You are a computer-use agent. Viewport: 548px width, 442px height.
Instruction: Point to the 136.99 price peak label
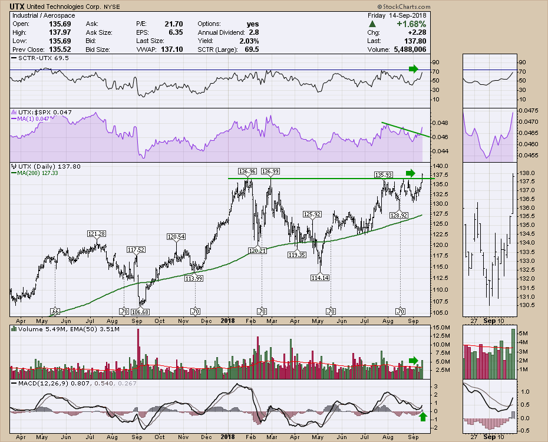(270, 171)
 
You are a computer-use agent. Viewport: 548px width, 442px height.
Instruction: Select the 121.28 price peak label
(96, 234)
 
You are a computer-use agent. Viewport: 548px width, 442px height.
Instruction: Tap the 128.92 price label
(400, 216)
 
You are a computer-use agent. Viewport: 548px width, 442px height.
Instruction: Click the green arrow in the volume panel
(414, 360)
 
